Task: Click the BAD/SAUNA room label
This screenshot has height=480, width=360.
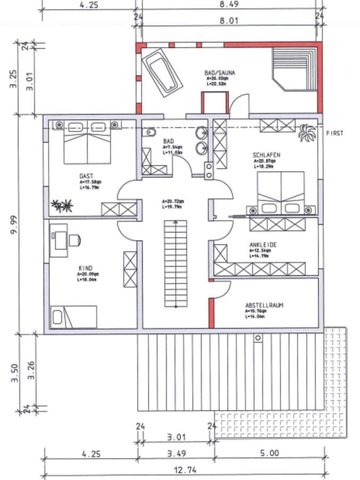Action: pos(220,71)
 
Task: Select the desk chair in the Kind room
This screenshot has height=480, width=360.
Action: pos(74,240)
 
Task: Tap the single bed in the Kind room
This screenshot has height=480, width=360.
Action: pos(74,317)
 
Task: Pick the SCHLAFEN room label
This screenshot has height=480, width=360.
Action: pos(266,155)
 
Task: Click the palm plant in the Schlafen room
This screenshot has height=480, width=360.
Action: pos(307,133)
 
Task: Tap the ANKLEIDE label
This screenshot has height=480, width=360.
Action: pos(263,245)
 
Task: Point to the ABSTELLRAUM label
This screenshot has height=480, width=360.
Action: pos(263,306)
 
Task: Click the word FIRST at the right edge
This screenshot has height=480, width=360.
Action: pos(334,133)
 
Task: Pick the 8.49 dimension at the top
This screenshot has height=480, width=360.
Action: pos(229,4)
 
